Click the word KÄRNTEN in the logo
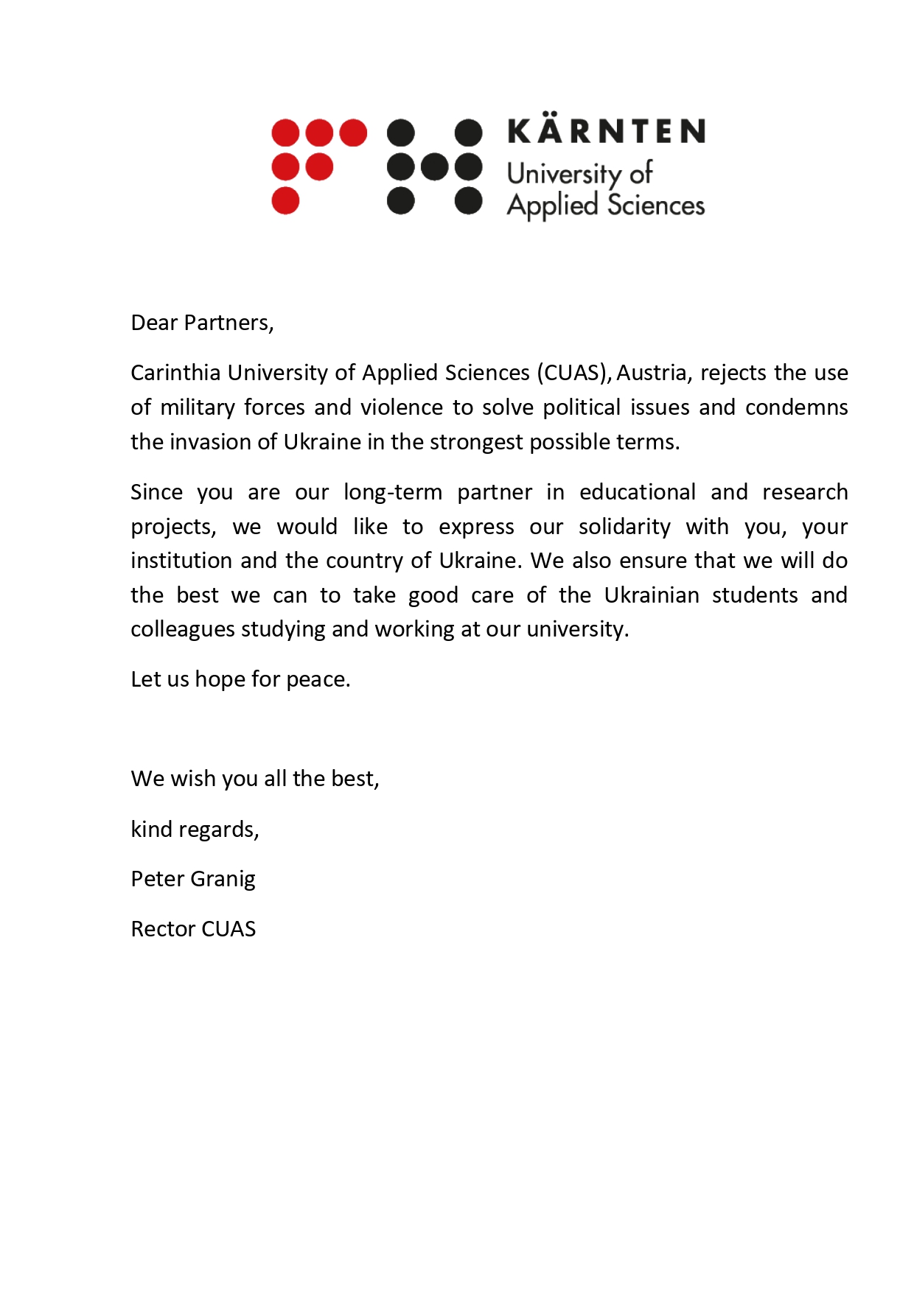(x=606, y=131)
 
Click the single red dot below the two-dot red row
(x=285, y=200)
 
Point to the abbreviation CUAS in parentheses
(x=571, y=373)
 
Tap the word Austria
(x=653, y=373)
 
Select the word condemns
(x=796, y=407)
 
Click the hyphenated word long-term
(x=392, y=492)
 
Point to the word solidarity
(x=624, y=527)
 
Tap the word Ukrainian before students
(x=652, y=595)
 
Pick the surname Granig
(x=223, y=880)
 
